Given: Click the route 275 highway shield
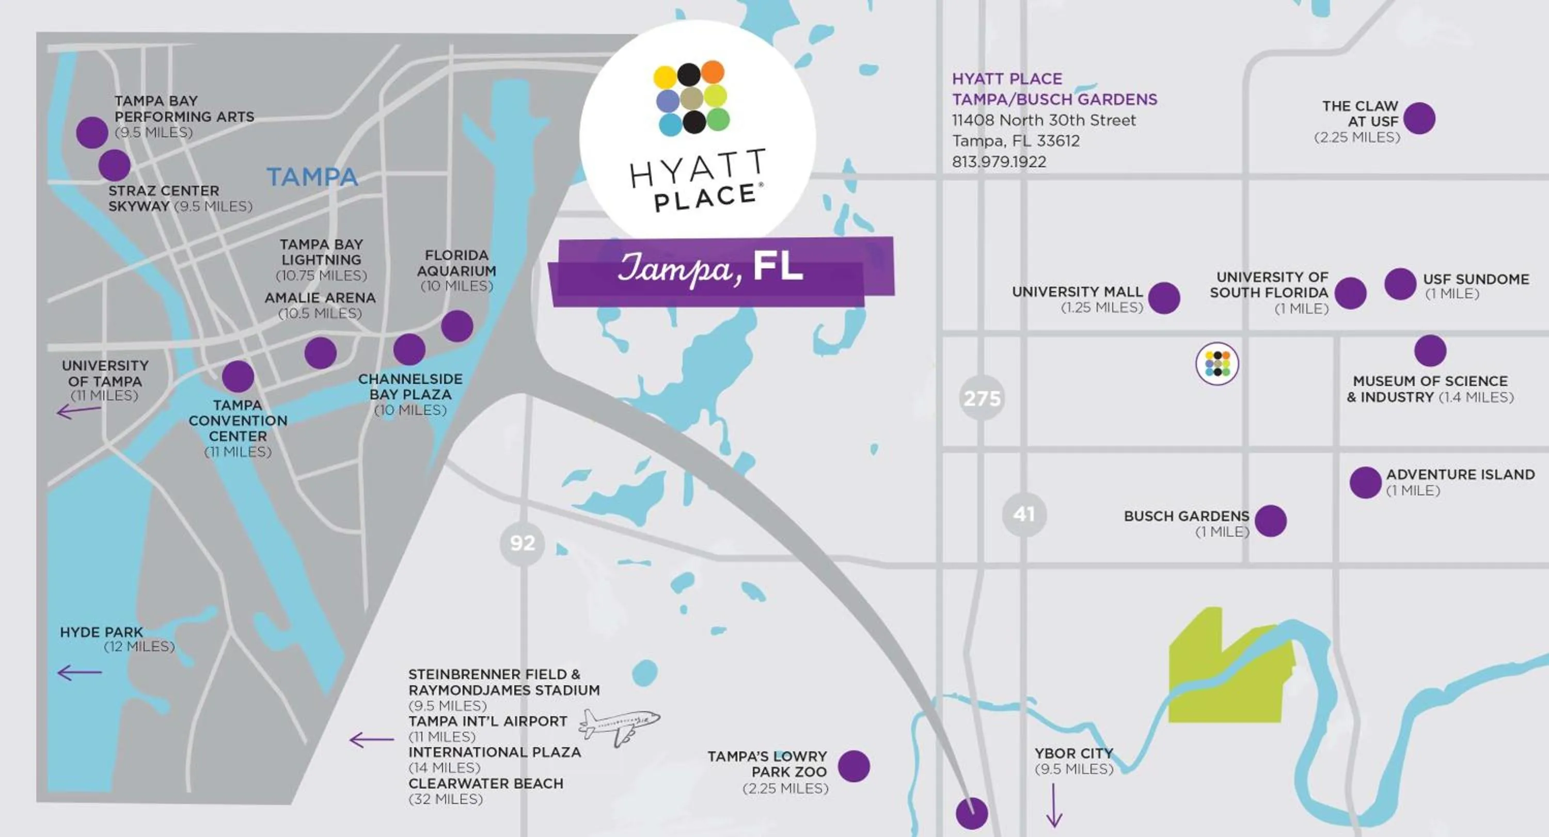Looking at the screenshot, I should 982,398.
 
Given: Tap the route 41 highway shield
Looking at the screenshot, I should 1023,514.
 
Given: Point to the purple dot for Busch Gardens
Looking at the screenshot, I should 1270,520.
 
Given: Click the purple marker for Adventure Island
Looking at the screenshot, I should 1365,482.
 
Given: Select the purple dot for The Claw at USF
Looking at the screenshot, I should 1419,118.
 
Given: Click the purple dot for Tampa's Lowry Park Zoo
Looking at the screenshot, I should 854,766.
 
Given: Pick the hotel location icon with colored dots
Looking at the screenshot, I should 1217,363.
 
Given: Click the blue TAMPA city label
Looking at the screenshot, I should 312,177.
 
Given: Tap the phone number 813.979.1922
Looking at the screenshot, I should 999,162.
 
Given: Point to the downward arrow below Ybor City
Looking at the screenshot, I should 1054,805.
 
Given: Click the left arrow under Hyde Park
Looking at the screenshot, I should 80,672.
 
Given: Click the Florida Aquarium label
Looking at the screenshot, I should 456,263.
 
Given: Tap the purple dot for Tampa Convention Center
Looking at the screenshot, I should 238,376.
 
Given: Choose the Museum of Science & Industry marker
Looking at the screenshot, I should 1430,350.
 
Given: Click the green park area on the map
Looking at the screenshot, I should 1227,673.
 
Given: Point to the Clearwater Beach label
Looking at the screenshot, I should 485,783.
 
